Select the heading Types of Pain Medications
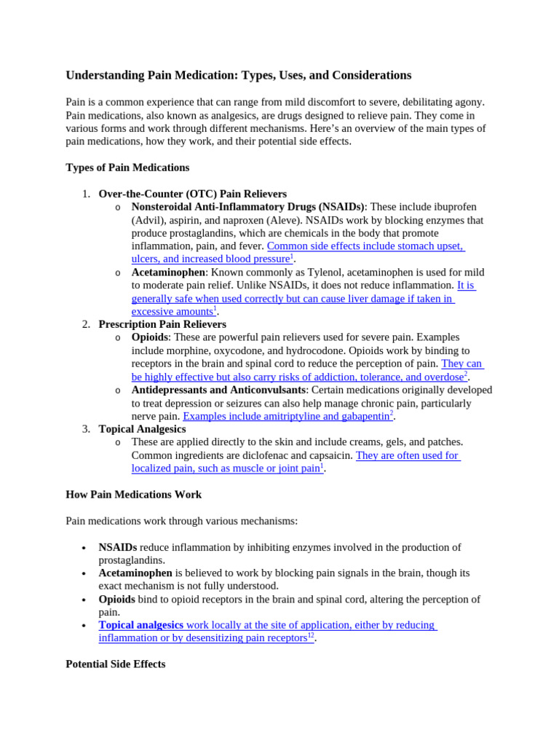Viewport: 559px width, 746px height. [127, 168]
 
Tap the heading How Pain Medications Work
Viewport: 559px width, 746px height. [133, 495]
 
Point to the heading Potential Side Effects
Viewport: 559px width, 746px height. [115, 664]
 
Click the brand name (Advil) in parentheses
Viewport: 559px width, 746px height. [149, 220]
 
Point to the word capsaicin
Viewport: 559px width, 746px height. [329, 455]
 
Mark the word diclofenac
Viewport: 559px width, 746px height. [283, 455]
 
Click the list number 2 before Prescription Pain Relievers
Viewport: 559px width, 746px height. [86, 324]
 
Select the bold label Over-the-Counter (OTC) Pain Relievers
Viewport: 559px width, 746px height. [192, 194]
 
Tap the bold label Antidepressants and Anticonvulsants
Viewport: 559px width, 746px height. [218, 390]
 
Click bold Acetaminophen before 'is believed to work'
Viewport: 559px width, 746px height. [135, 573]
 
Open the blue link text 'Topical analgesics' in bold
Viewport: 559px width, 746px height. [141, 625]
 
